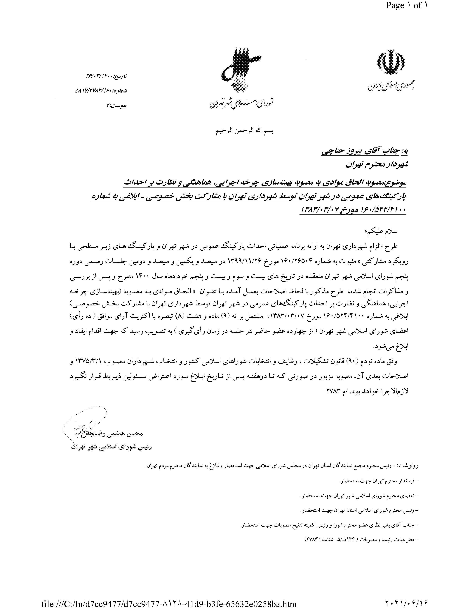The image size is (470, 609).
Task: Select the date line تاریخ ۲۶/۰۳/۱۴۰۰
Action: point(106,76)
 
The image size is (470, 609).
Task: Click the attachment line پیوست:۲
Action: point(117,106)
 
